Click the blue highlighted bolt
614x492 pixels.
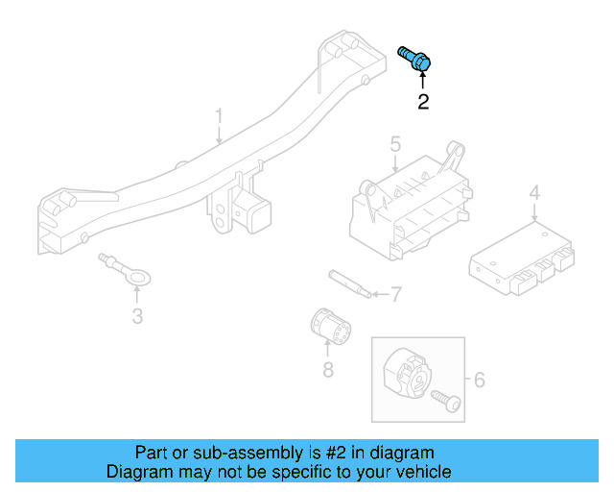414,58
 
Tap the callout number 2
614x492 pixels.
423,101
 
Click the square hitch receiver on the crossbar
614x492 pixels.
256,214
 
